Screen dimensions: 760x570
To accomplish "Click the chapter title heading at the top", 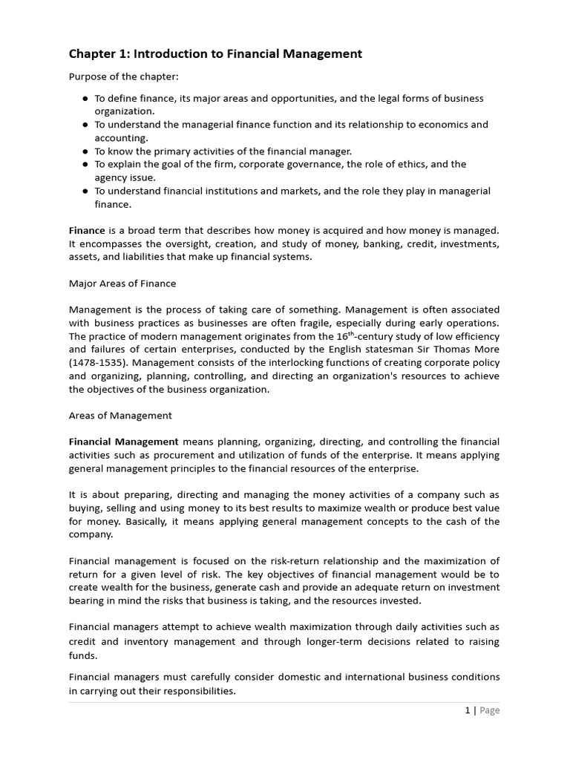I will point(215,53).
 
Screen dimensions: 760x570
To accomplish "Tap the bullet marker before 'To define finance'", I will point(85,98).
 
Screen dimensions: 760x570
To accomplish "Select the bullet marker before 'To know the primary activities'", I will point(85,151).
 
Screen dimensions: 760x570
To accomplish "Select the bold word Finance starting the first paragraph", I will point(87,231).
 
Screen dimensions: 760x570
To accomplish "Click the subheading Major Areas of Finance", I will point(122,284).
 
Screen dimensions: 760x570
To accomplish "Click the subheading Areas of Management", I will point(120,416).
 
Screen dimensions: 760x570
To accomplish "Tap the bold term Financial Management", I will point(124,442).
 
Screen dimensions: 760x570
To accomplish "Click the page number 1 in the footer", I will point(468,710).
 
